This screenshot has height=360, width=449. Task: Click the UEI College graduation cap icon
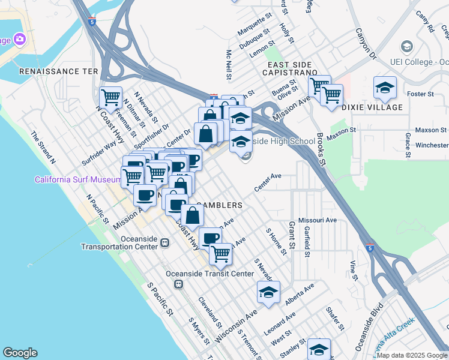(407, 47)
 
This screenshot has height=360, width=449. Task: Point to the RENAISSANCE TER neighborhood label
(58, 71)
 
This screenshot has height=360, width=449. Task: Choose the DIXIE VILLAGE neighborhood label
(372, 107)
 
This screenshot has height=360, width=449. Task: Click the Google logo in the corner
(19, 353)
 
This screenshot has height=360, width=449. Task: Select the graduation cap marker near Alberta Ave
(268, 293)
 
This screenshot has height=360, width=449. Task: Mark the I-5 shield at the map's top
(91, 22)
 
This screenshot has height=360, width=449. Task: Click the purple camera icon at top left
(19, 40)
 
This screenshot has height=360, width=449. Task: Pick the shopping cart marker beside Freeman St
(110, 97)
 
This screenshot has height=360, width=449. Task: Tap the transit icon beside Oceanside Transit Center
(178, 285)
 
